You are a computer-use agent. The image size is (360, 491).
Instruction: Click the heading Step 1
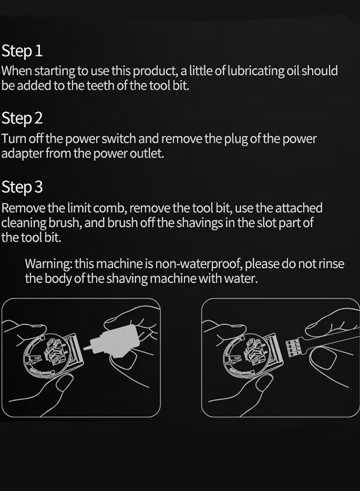[22, 51]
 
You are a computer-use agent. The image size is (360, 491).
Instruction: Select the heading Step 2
[22, 119]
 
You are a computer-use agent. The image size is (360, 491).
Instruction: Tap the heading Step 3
[22, 187]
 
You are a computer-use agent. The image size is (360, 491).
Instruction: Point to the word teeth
[100, 85]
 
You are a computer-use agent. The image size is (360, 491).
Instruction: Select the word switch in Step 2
[119, 139]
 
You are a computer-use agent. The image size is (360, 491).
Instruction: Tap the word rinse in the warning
[331, 264]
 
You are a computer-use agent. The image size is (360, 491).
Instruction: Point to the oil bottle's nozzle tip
[85, 348]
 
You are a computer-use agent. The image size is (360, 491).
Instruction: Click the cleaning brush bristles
[293, 348]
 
